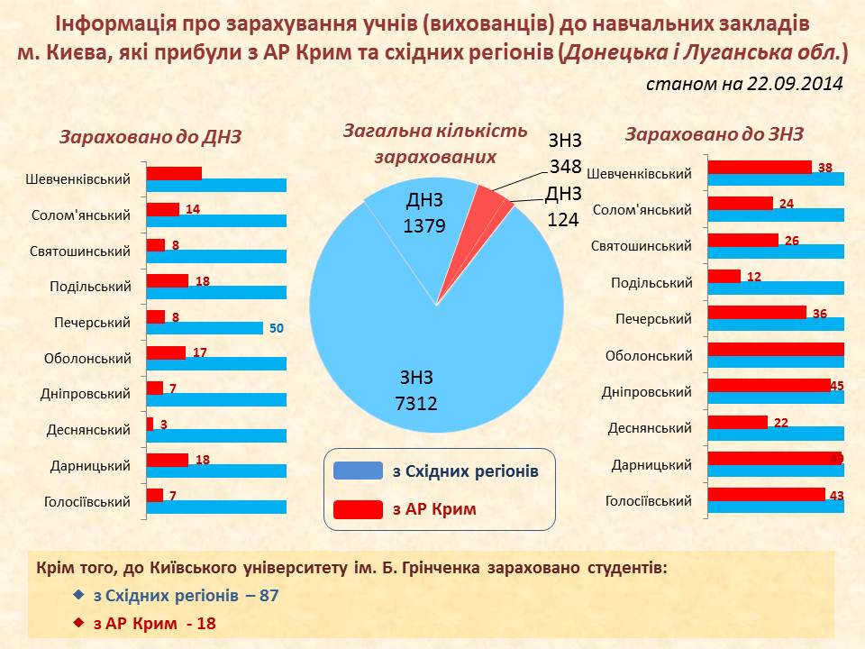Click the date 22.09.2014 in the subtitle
795,84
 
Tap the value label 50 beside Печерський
277,329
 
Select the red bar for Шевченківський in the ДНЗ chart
175,173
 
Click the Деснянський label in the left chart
88,430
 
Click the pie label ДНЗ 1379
424,213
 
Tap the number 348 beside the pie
566,167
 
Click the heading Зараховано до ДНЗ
150,137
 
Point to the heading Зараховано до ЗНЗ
714,134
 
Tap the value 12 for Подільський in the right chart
754,277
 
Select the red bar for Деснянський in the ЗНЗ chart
738,422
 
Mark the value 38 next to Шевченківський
825,168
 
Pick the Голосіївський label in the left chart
86,502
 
